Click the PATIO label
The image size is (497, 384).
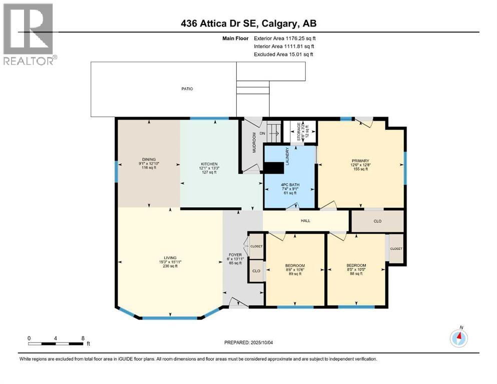(187, 89)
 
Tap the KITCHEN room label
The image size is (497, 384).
(209, 164)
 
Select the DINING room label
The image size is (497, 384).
(149, 159)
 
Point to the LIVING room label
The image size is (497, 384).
(170, 258)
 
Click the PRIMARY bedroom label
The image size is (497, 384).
(360, 161)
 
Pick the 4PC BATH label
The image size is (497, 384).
(290, 185)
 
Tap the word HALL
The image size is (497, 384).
(305, 220)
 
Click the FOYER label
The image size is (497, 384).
(235, 255)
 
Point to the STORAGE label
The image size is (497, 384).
(299, 131)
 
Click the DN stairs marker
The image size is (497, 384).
(262, 133)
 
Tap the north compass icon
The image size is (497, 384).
(458, 338)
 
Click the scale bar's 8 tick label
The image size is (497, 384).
(83, 338)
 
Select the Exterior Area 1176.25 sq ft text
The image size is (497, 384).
(285, 38)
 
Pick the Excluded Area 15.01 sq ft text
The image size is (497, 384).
(283, 54)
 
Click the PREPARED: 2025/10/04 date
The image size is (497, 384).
(248, 342)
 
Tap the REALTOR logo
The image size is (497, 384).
(30, 34)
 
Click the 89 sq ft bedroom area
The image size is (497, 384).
(295, 274)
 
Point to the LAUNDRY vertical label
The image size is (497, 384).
(287, 156)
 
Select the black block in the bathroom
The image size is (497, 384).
(274, 168)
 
